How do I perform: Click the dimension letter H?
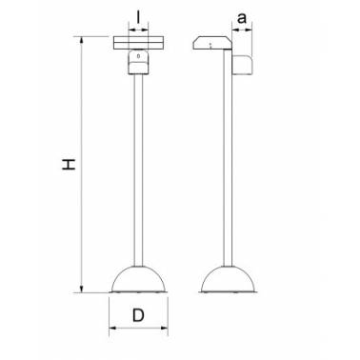(x=69, y=165)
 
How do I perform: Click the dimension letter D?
(x=138, y=315)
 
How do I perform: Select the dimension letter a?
(x=242, y=18)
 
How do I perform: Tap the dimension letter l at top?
(x=138, y=17)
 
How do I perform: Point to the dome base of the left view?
(x=138, y=279)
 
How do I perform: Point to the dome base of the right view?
(x=228, y=279)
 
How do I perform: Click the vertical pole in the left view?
(x=138, y=170)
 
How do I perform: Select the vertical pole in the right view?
(x=228, y=158)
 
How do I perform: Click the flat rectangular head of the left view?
(x=139, y=43)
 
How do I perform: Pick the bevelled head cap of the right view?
(x=212, y=43)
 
